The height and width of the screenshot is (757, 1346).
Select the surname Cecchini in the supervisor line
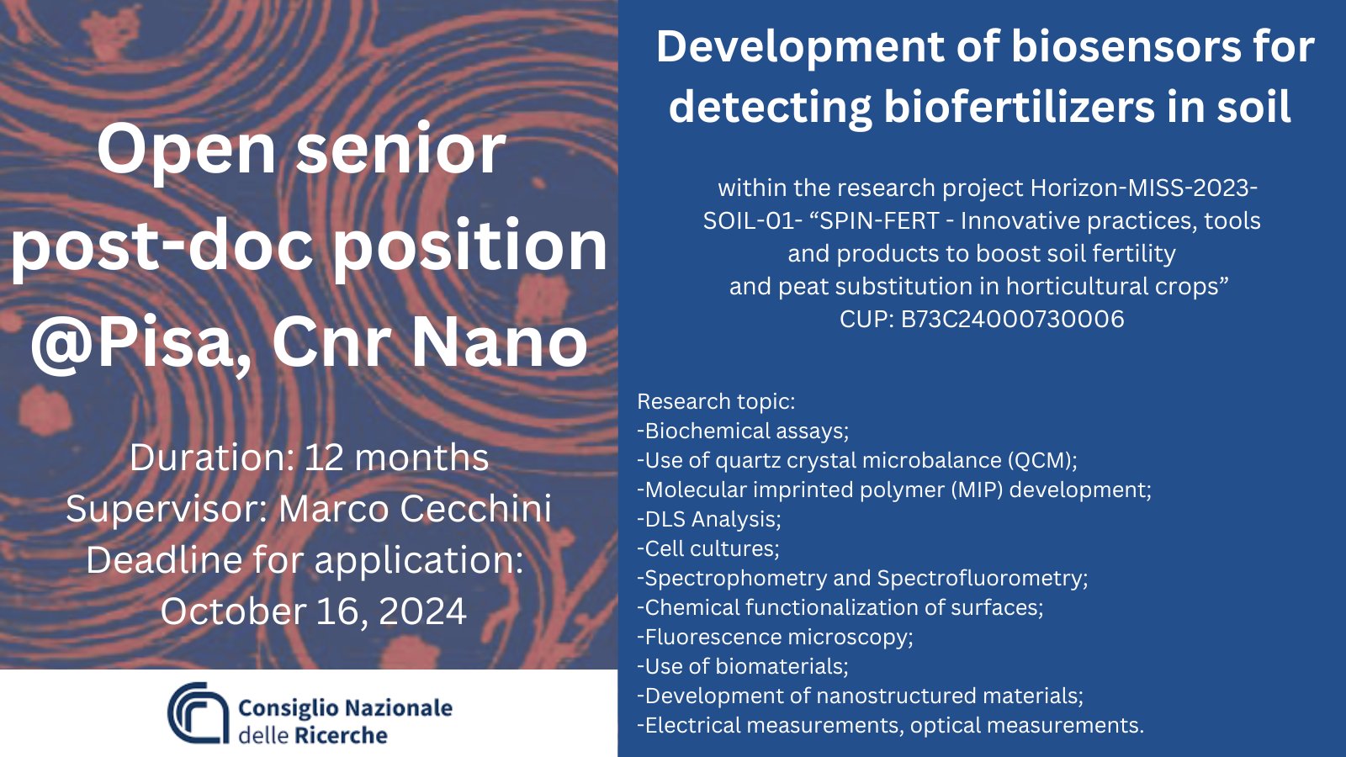point(474,508)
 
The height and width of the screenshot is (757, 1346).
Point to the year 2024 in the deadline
point(422,611)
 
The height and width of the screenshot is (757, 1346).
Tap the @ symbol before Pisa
point(62,344)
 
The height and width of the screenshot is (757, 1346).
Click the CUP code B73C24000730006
point(1012,319)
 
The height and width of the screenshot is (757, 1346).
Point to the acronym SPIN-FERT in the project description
point(880,221)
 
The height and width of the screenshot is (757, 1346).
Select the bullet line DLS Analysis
point(709,519)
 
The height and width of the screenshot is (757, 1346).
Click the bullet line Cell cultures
point(707,548)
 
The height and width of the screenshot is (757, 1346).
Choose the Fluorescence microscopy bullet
point(775,637)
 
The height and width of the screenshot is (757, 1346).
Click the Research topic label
point(716,401)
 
